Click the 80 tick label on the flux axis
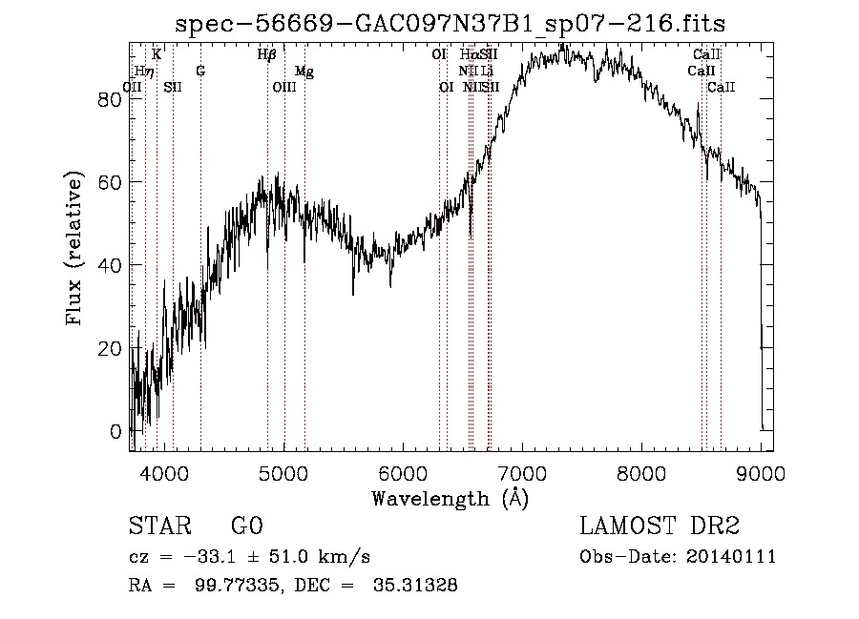110,99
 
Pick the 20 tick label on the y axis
110,348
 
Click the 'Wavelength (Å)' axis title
450,498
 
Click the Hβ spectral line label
267,55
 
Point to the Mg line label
304,72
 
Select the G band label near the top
200,72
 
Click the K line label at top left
157,55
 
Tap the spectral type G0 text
246,527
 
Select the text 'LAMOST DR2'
660,527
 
